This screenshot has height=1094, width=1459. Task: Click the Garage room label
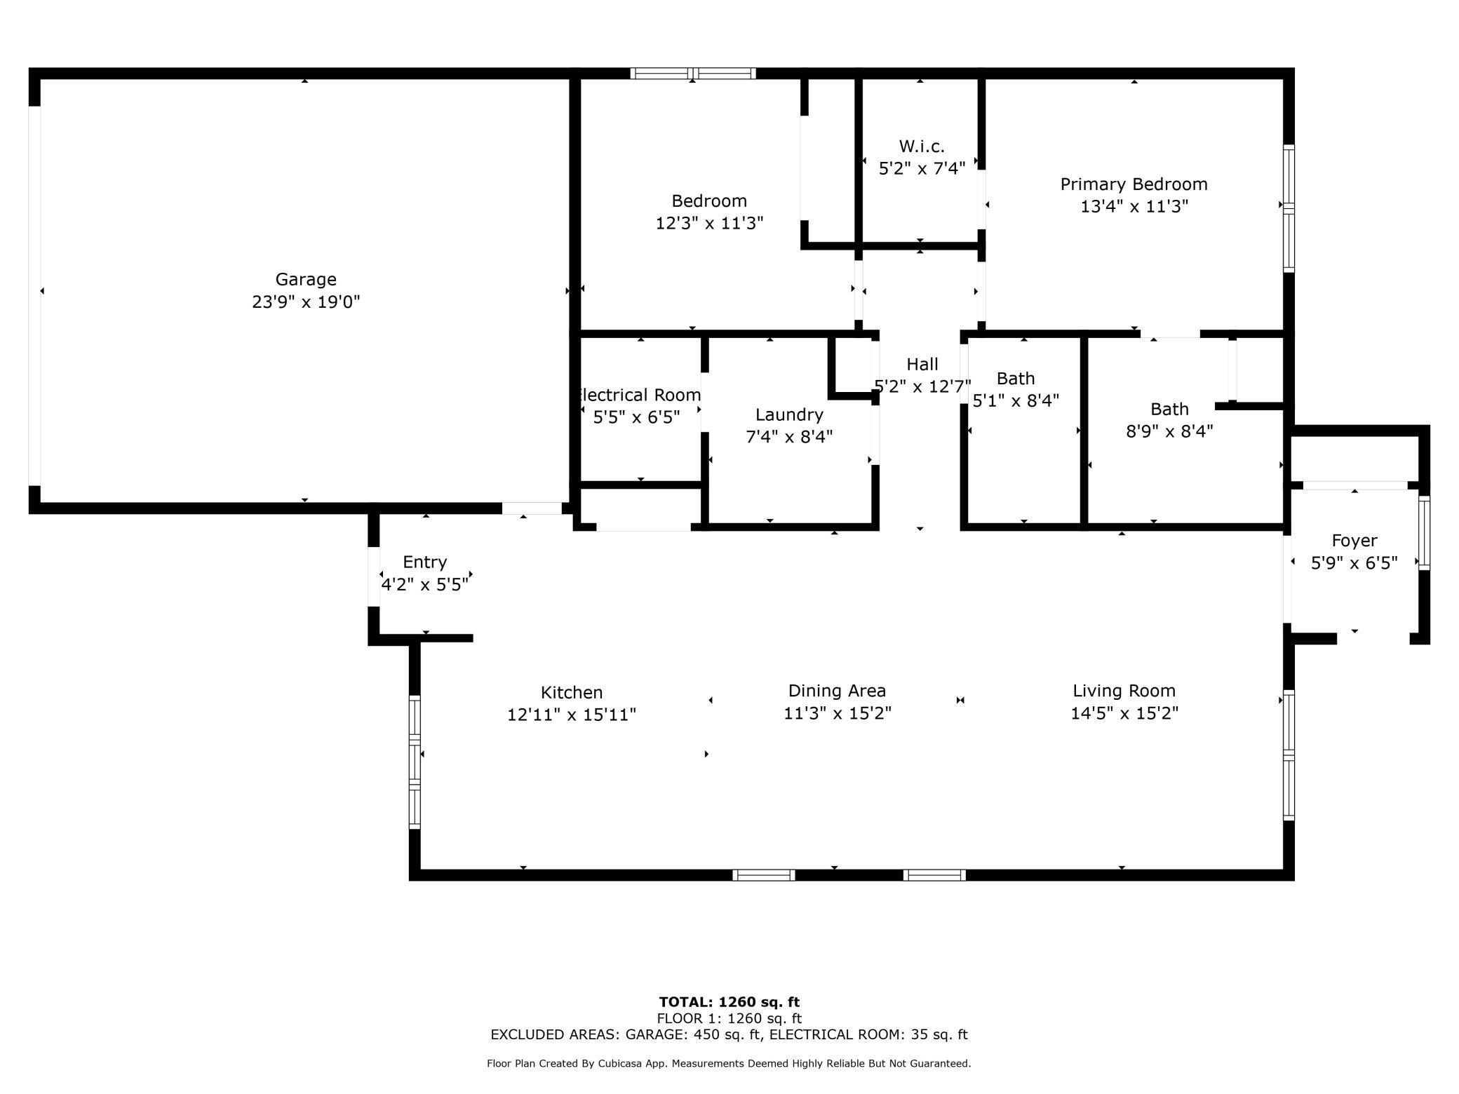coord(305,279)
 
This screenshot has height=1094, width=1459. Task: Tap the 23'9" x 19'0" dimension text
coord(305,302)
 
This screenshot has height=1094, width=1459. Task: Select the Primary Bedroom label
coord(1134,184)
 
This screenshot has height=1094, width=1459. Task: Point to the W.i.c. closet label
coord(922,146)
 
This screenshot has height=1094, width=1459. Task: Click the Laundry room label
coord(789,414)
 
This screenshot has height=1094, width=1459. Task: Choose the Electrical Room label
coord(638,395)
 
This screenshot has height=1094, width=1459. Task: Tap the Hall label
coord(922,364)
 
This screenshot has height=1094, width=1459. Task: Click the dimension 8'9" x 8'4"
coord(1169,431)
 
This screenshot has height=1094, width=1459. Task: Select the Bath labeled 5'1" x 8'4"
coord(1015,379)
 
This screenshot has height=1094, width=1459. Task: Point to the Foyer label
coord(1354,541)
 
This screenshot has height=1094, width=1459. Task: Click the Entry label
coord(424,562)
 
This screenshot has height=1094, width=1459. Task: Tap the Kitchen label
coord(572,692)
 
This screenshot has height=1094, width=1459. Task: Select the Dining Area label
coord(837,691)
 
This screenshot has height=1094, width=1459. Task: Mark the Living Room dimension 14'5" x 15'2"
coord(1124,713)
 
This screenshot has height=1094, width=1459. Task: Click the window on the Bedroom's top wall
coord(692,73)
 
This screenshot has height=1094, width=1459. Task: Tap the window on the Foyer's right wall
coord(1424,532)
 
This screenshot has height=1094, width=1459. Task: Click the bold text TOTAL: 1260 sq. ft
coord(729,1002)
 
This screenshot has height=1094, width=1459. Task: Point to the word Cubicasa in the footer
coord(617,1064)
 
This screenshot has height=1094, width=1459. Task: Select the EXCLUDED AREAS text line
coord(729,1034)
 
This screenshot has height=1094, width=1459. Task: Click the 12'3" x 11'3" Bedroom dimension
coord(709,223)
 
